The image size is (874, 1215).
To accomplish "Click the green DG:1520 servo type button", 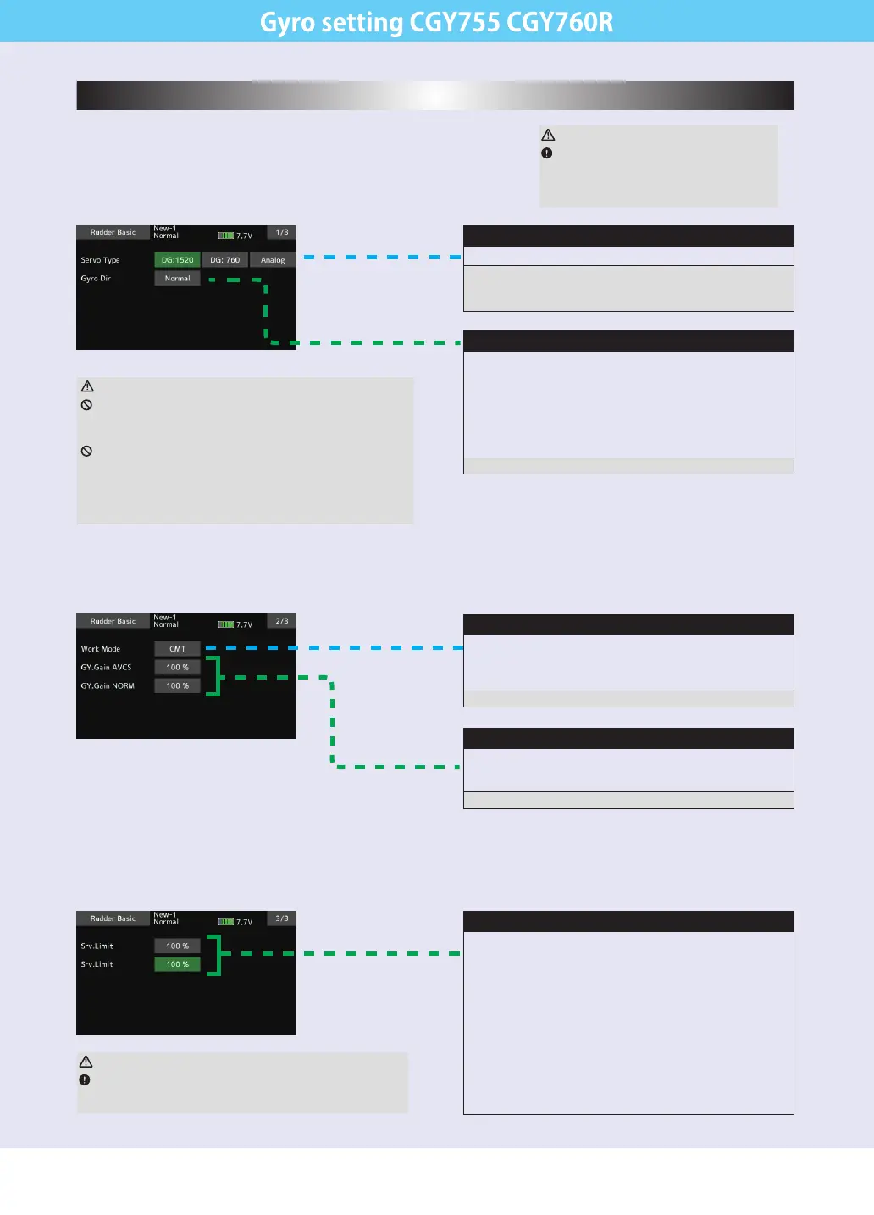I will (x=177, y=260).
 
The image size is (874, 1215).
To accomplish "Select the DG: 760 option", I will (x=224, y=260).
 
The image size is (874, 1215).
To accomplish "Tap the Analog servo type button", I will (x=273, y=260).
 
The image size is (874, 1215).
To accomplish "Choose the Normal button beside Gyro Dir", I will (x=177, y=279).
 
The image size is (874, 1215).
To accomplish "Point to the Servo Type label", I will (x=100, y=260).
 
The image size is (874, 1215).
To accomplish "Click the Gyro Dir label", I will (x=96, y=279).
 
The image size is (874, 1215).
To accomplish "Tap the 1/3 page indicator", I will (x=282, y=232).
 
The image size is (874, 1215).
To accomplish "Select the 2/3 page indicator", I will (x=282, y=621).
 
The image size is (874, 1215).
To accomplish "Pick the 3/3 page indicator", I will (x=282, y=918).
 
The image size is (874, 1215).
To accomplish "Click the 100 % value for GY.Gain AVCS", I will (x=177, y=668).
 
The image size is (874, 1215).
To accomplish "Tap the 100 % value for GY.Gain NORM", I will (x=177, y=686).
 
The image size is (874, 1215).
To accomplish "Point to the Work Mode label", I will (x=100, y=649).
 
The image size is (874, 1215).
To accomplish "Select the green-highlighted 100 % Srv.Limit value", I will (x=177, y=964).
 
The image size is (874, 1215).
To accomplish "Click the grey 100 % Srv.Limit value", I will (x=177, y=946).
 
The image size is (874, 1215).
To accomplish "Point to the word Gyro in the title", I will (x=288, y=23).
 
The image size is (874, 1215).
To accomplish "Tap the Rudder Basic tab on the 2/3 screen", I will (x=113, y=621).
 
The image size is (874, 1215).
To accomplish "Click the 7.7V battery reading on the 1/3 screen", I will (x=244, y=236).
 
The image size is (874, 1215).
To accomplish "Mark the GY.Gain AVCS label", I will (x=106, y=668).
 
